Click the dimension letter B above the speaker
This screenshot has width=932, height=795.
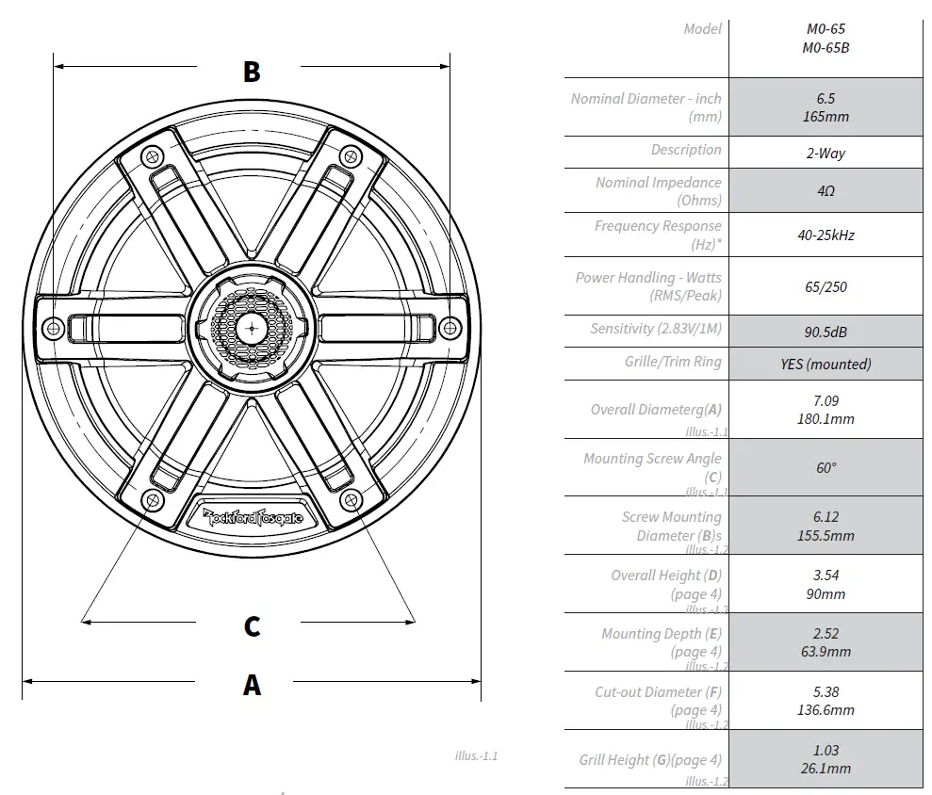coord(252,72)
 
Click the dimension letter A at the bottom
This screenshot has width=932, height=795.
coord(252,685)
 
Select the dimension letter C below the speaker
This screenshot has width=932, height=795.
coord(252,626)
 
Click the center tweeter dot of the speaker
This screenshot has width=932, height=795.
coord(252,327)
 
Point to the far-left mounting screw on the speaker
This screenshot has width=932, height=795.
coord(54,327)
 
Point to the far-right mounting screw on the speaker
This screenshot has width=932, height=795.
coord(450,327)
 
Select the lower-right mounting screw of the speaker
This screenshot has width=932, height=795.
coord(351,498)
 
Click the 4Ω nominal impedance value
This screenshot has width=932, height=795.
coord(826,190)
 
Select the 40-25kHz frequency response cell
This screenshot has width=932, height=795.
coord(826,235)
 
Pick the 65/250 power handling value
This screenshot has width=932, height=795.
coord(826,286)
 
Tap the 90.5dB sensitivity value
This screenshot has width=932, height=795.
coord(826,331)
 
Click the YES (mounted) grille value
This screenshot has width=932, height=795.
coord(826,364)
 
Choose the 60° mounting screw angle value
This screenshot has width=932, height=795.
coord(826,467)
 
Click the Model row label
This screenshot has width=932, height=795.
coord(702,29)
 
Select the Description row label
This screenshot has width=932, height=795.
coord(685,150)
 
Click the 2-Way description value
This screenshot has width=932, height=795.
coord(826,153)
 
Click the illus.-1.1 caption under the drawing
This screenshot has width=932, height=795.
coord(475,755)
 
